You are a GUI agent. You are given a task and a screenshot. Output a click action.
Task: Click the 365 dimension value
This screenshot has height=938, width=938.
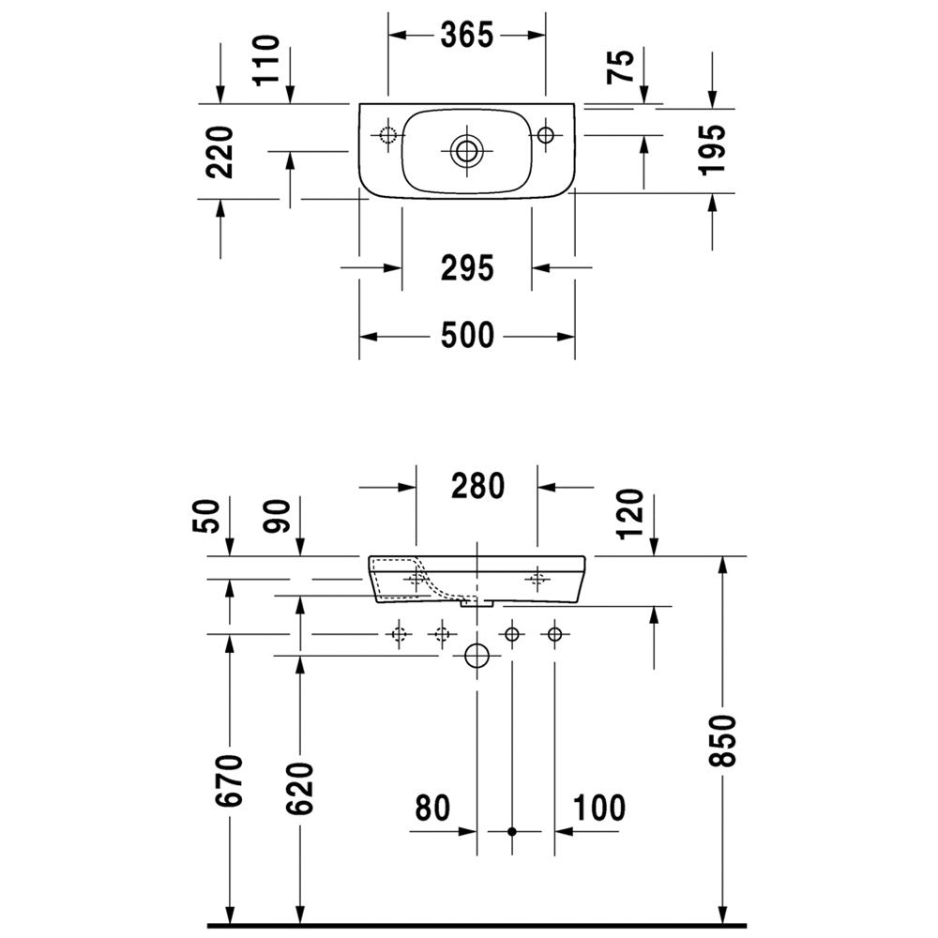tap(467, 36)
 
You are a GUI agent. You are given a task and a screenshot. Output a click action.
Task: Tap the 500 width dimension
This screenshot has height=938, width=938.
tap(467, 335)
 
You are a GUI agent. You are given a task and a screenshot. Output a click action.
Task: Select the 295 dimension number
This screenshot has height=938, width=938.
tap(467, 268)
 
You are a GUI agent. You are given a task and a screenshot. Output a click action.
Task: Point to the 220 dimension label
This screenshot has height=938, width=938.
tap(219, 152)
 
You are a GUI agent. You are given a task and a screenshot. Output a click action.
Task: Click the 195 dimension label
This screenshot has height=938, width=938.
tap(712, 149)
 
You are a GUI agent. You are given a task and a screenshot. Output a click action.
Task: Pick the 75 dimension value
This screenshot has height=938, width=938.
tap(620, 67)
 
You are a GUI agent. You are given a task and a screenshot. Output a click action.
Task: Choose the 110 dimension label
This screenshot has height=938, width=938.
tap(266, 60)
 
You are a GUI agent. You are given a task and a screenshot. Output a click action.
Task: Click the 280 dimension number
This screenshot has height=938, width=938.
tap(478, 486)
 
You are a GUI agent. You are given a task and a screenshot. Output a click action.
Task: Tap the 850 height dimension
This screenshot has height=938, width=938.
tap(721, 740)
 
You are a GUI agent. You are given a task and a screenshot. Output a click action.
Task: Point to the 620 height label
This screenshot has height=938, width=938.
tap(300, 788)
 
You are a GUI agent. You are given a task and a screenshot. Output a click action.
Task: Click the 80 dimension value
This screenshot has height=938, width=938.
tap(432, 809)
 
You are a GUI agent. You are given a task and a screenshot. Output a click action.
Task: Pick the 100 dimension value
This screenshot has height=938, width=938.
tap(599, 809)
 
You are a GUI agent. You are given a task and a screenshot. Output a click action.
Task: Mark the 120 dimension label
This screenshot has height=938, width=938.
tap(631, 514)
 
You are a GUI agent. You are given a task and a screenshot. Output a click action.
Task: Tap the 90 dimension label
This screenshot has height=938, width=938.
tap(277, 516)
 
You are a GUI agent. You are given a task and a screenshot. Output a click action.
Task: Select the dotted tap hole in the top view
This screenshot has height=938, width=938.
tap(387, 135)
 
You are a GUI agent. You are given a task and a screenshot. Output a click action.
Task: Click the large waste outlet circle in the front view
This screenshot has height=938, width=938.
tap(477, 656)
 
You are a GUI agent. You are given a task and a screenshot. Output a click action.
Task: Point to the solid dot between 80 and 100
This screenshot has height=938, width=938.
tap(511, 831)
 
